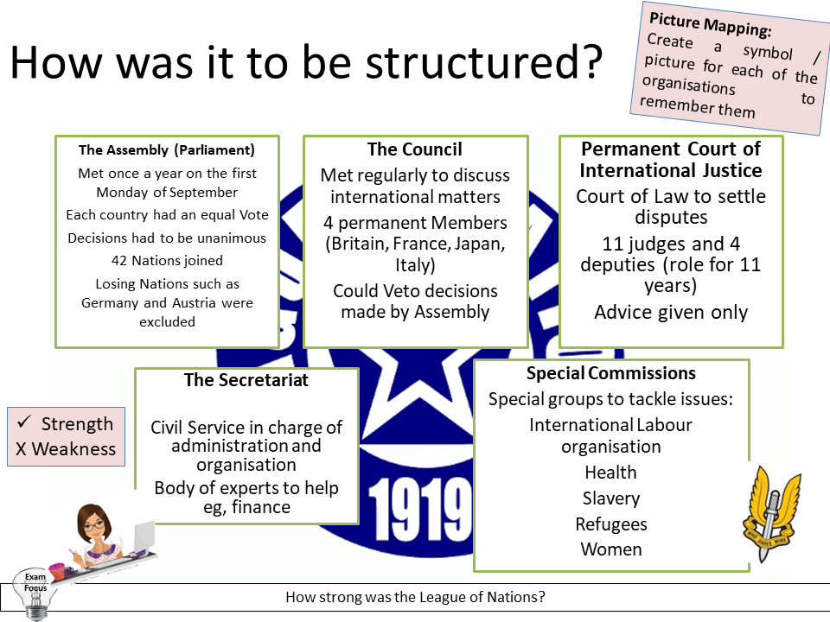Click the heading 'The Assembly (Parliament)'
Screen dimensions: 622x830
pyautogui.click(x=167, y=149)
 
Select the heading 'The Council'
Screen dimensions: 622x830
pyautogui.click(x=415, y=149)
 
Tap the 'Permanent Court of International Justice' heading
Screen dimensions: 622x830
pyautogui.click(x=671, y=159)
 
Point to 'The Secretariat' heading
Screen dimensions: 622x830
pyautogui.click(x=246, y=380)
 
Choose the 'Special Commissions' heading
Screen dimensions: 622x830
pyautogui.click(x=611, y=373)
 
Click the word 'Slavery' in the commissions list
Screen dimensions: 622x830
pyautogui.click(x=611, y=498)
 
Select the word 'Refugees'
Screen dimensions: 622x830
pyautogui.click(x=611, y=524)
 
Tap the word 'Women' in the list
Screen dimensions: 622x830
pyautogui.click(x=611, y=549)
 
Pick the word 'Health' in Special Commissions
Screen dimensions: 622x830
pyautogui.click(x=610, y=473)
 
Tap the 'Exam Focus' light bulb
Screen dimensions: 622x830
pyautogui.click(x=35, y=592)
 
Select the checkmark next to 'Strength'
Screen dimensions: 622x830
pyautogui.click(x=25, y=422)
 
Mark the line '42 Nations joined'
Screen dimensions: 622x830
pyautogui.click(x=167, y=260)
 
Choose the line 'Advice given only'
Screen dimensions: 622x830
pyautogui.click(x=671, y=313)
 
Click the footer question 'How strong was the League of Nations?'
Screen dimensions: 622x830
pyautogui.click(x=415, y=597)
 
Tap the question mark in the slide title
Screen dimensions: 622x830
pyautogui.click(x=588, y=65)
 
